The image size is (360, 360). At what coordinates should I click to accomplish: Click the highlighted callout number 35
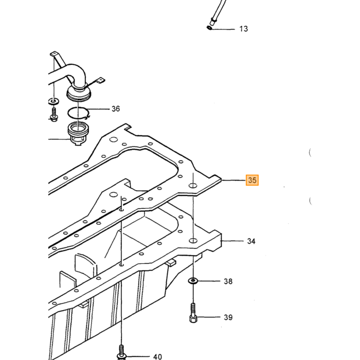[252, 180]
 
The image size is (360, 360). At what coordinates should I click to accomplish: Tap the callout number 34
[251, 241]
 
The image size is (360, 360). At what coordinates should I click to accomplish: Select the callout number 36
[116, 109]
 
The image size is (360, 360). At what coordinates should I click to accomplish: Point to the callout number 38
[228, 281]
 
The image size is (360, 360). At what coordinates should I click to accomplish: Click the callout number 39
[228, 317]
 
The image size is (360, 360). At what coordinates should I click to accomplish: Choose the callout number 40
[157, 356]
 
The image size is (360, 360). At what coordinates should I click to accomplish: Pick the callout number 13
[244, 29]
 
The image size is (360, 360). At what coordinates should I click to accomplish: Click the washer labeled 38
[193, 281]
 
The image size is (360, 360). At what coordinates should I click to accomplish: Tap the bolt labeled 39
[193, 313]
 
